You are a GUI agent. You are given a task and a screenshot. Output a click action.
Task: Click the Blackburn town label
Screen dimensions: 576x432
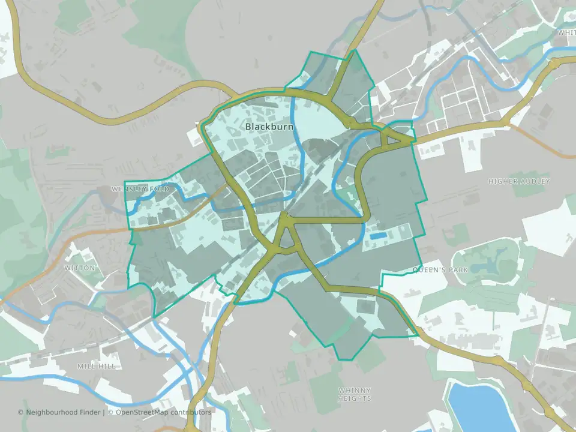click(x=269, y=127)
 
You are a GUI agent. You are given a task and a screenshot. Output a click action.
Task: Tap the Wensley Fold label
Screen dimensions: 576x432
click(x=140, y=189)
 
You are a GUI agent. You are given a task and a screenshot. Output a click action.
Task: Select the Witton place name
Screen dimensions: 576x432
click(x=79, y=268)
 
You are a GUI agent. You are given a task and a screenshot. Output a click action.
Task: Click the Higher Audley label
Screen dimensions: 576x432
click(x=519, y=181)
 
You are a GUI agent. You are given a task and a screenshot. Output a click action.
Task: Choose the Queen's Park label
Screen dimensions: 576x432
click(x=440, y=271)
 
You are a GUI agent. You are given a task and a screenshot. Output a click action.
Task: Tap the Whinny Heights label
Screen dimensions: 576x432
click(x=355, y=394)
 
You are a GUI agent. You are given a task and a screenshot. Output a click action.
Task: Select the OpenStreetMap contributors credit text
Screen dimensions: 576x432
click(x=163, y=412)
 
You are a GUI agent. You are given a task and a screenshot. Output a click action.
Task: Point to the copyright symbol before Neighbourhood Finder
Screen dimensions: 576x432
click(x=20, y=412)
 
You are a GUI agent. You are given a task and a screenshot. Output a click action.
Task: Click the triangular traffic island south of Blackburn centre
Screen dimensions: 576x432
click(x=287, y=240)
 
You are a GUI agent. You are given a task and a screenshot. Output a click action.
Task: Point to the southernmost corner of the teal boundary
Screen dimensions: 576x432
click(x=339, y=360)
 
